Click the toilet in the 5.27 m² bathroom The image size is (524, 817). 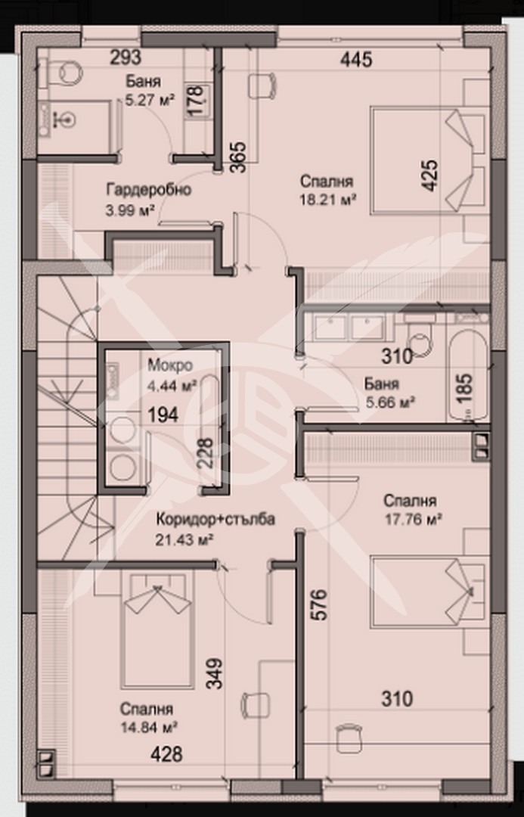tap(67, 72)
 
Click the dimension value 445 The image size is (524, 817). tap(356, 60)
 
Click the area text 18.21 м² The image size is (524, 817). tap(327, 199)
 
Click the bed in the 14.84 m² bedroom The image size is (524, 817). tap(157, 628)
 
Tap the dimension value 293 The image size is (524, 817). tap(126, 57)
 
